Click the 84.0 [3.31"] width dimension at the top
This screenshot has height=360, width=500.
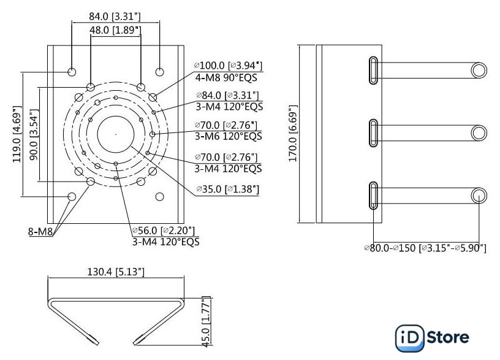point(115,17)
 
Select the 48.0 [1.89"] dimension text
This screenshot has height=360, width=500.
point(115,30)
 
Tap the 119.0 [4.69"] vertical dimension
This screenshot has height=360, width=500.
point(17,134)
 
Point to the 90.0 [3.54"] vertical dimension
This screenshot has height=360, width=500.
point(34,134)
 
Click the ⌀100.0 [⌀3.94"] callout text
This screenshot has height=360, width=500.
point(228,66)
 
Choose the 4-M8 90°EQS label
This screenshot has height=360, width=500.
point(226,77)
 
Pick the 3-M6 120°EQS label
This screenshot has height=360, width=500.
point(229,136)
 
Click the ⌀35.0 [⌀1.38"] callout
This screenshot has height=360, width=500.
point(228,189)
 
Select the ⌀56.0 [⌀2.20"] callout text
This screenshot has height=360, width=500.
point(163,230)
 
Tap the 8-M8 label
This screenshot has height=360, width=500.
point(40,231)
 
